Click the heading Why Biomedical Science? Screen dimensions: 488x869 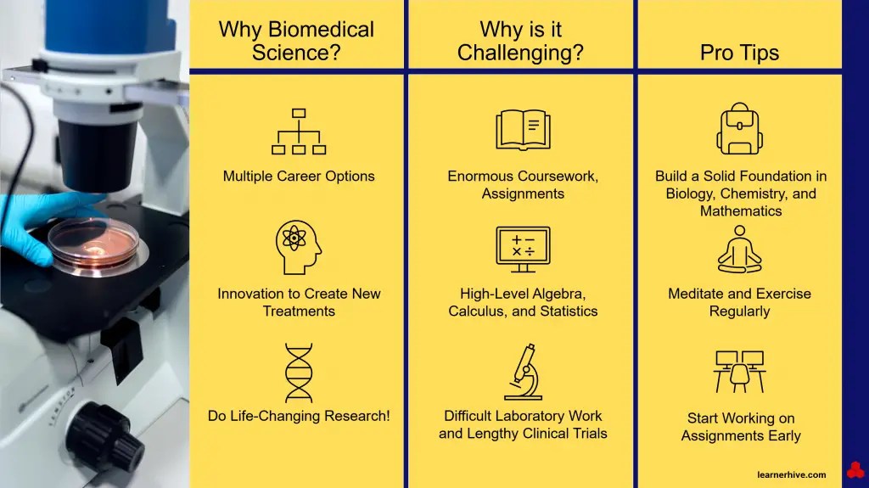pyautogui.click(x=296, y=41)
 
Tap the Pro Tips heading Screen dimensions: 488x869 pyautogui.click(x=739, y=53)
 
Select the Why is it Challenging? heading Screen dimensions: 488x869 pyautogui.click(x=520, y=41)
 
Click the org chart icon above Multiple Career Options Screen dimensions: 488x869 pyautogui.click(x=298, y=132)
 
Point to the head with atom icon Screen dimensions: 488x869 pyautogui.click(x=298, y=247)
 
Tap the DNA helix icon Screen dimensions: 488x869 pyautogui.click(x=298, y=372)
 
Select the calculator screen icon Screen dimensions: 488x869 pyautogui.click(x=523, y=249)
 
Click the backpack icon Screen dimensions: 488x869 pyautogui.click(x=739, y=130)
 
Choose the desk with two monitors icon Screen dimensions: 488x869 pyautogui.click(x=739, y=371)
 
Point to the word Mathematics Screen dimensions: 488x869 pyautogui.click(x=741, y=211)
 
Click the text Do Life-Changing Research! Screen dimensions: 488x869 pyautogui.click(x=299, y=417)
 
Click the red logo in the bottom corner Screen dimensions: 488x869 pyautogui.click(x=855, y=470)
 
